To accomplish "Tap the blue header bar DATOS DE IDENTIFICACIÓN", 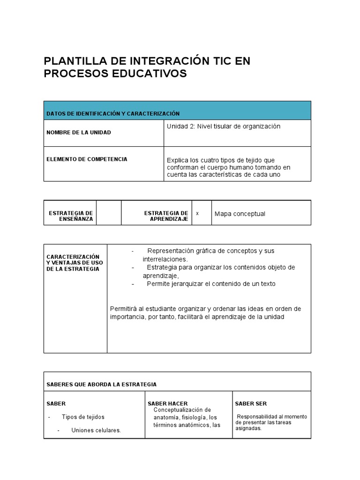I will (x=177, y=111).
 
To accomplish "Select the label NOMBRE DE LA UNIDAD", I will (x=79, y=133).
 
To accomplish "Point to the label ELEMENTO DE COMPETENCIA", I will (x=87, y=159).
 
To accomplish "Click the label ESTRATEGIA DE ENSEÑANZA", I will (x=71, y=216).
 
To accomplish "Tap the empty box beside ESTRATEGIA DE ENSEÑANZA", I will (x=109, y=213).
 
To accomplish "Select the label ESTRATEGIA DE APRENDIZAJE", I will (x=166, y=216).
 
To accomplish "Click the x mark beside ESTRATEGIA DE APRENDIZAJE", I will (x=197, y=213).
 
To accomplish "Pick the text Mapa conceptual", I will (x=240, y=214).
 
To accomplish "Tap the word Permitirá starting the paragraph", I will (x=123, y=308).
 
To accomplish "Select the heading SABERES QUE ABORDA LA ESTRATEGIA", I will (x=101, y=384).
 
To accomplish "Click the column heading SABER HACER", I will (x=167, y=404).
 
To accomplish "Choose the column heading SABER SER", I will (x=251, y=404).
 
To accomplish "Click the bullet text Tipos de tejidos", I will (x=83, y=417).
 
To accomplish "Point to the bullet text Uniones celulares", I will (x=96, y=430).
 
